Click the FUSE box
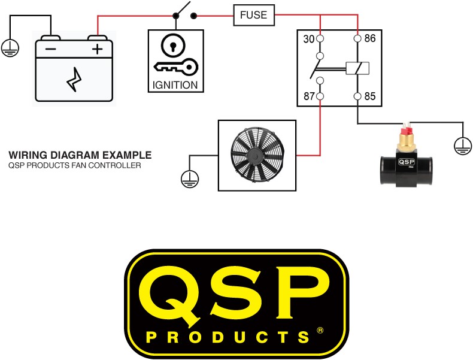[x=254, y=15]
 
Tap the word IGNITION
[x=175, y=85]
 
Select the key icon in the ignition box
[x=176, y=67]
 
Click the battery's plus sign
[x=97, y=49]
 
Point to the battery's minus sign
[x=51, y=49]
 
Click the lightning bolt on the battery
[x=74, y=79]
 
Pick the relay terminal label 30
[x=308, y=39]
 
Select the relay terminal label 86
[x=370, y=38]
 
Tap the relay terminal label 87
[x=309, y=96]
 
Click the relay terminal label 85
[x=370, y=96]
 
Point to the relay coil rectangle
[x=357, y=68]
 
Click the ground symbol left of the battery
[x=10, y=48]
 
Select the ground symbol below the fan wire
[x=190, y=179]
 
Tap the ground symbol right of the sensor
[x=463, y=146]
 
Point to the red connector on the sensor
[x=406, y=130]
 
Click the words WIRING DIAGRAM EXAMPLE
[x=80, y=155]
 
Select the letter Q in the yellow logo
[x=171, y=297]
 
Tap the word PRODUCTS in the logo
[x=228, y=337]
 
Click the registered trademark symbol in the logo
[x=320, y=330]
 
